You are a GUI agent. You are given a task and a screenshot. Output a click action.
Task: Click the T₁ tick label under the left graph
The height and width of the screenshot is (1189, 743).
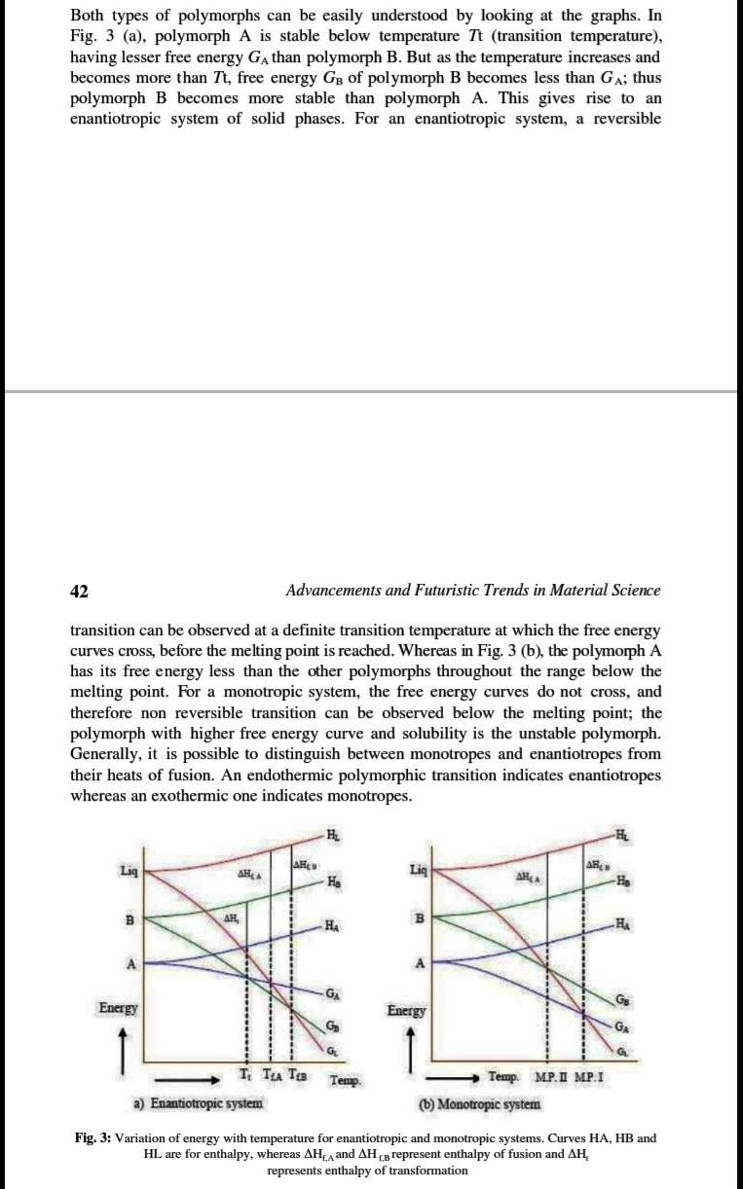(x=243, y=1074)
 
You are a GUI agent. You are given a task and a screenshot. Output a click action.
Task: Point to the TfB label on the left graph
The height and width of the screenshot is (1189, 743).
(x=289, y=1074)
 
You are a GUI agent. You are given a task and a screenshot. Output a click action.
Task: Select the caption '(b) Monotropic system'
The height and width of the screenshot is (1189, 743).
(x=479, y=1104)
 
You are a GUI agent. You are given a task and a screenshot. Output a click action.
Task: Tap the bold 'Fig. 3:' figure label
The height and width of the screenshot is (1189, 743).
(x=93, y=1137)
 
